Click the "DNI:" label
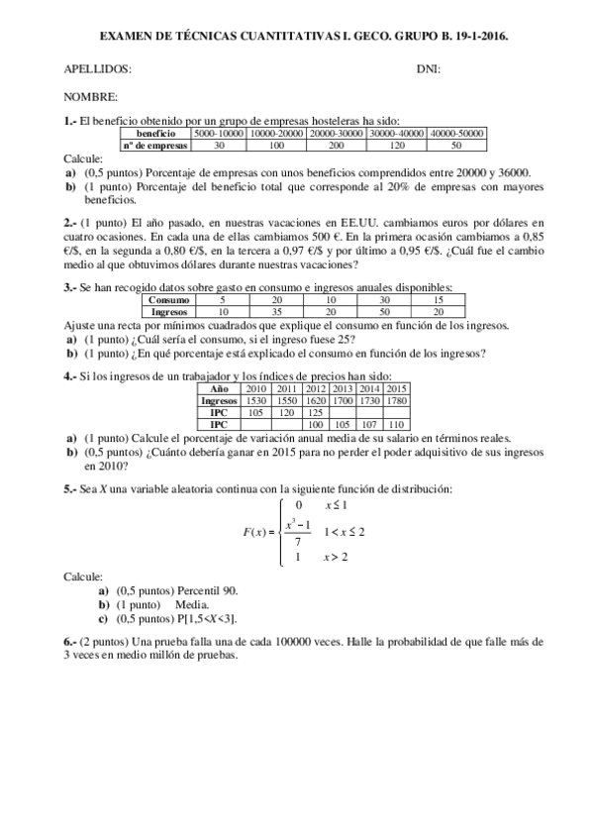(429, 68)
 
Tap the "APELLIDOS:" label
(97, 68)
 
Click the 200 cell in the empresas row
(336, 145)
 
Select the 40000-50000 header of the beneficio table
(456, 134)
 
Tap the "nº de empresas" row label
(154, 145)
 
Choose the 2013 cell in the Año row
(343, 390)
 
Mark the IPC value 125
(316, 412)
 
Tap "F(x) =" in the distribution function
(259, 532)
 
